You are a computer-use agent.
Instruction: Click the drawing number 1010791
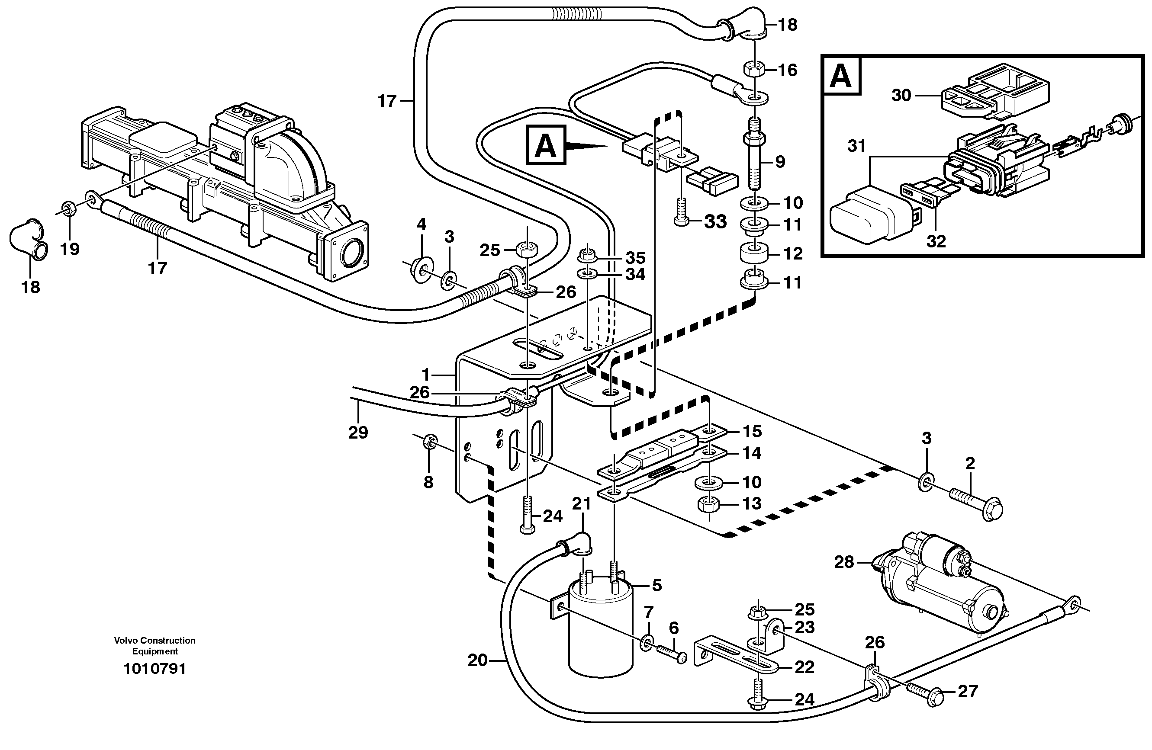coord(154,669)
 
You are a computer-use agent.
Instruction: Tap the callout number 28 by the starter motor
coord(844,562)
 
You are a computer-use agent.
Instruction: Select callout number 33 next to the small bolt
coord(715,221)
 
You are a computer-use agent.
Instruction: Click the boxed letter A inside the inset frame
coord(841,77)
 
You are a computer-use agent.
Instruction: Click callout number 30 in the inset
coord(901,95)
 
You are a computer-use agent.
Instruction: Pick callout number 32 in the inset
coord(936,241)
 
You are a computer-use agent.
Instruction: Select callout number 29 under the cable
coord(358,432)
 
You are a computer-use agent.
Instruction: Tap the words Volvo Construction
coord(154,641)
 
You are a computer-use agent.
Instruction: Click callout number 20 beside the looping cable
coord(477,660)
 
